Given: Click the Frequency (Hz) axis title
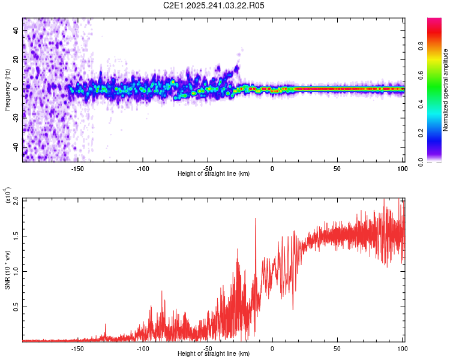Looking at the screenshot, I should tap(7, 90).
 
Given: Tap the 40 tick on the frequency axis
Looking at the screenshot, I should tap(17, 30).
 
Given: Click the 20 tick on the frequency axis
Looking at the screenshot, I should tap(17, 59).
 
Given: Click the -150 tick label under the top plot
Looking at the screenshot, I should tap(77, 169).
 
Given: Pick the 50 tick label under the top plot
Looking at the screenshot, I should tap(337, 169).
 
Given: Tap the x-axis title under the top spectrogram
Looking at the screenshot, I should tap(214, 174).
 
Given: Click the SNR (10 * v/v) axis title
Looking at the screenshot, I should tap(7, 270).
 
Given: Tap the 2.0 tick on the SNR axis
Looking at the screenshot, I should tap(16, 199).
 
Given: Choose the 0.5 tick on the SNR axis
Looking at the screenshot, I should tap(16, 306).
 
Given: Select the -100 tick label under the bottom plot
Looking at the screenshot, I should tap(142, 349).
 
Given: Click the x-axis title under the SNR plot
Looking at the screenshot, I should tap(214, 354).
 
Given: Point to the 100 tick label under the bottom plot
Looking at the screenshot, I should tap(401, 349).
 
